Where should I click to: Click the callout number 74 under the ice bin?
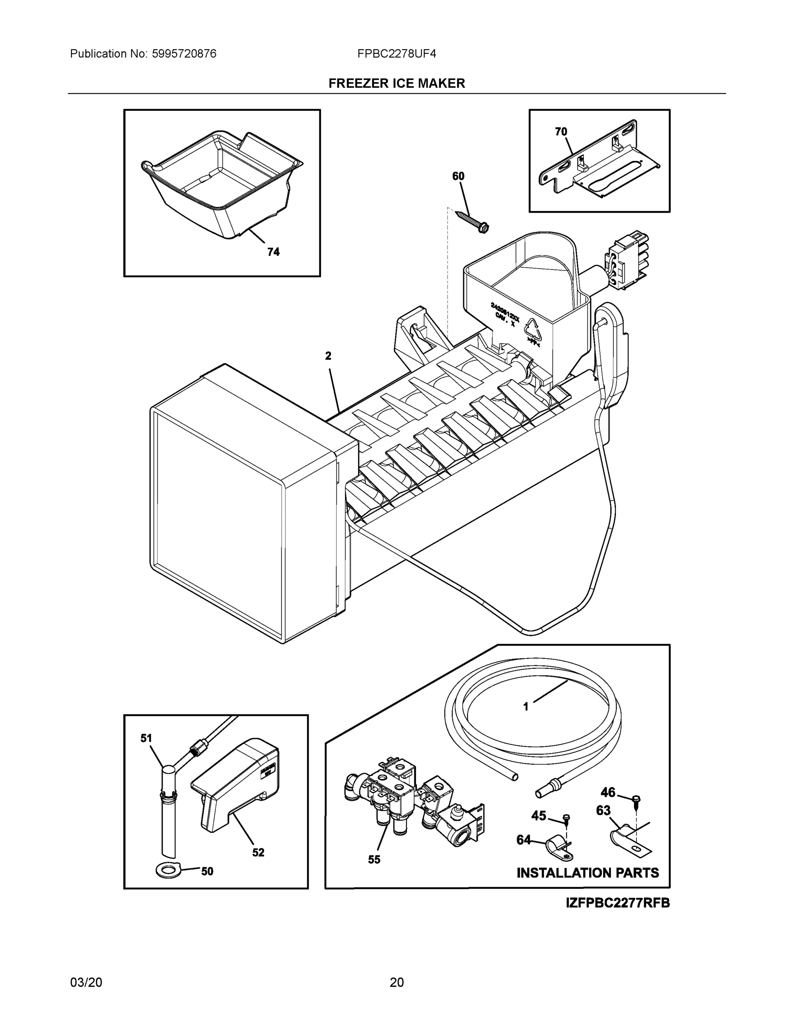point(273,252)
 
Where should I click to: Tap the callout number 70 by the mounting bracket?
point(561,132)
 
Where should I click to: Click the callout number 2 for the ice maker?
point(328,356)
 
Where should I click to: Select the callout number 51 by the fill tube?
point(146,738)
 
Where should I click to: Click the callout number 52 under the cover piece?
point(258,852)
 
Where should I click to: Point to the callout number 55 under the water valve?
point(374,860)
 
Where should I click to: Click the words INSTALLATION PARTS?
point(588,873)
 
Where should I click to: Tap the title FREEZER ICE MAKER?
point(396,83)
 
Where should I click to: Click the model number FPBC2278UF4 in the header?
point(396,53)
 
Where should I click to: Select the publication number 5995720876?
point(184,53)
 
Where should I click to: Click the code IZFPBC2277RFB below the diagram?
point(618,903)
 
